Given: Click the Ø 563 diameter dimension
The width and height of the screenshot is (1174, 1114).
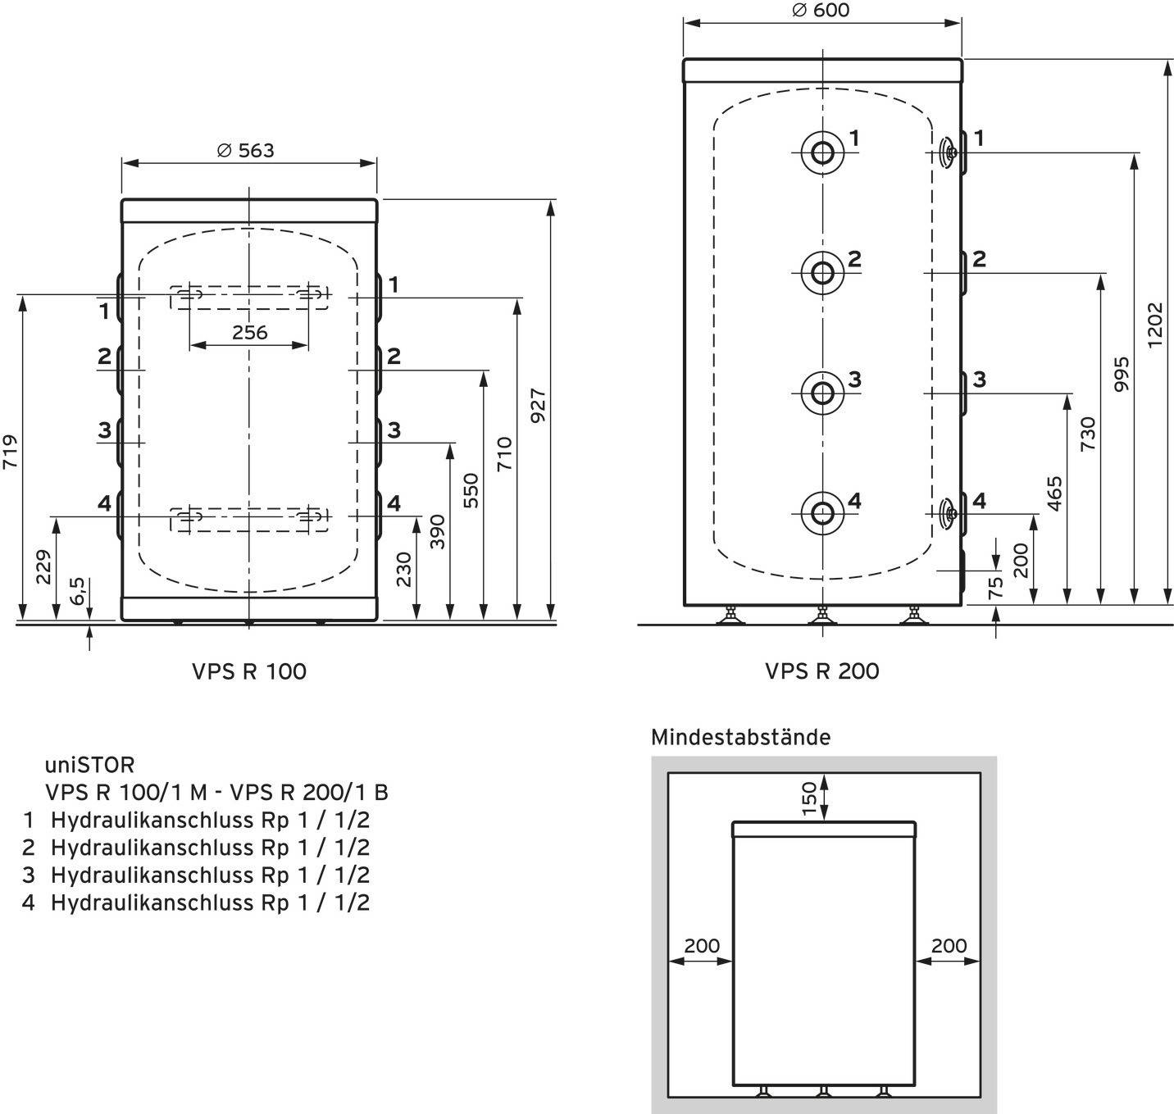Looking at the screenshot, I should (246, 151).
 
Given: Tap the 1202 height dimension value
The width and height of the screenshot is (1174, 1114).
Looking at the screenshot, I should (1155, 325).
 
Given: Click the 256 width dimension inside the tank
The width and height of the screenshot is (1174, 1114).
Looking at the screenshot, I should (249, 332).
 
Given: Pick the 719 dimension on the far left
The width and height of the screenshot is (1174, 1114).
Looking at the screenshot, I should (10, 451).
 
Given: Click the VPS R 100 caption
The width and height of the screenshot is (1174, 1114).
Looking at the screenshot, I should (248, 671).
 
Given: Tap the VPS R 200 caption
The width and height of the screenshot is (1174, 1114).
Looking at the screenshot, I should (821, 671).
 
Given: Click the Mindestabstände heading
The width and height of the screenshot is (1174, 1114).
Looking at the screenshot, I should (739, 738).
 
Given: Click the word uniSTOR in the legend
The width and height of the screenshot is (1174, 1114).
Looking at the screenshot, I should (89, 765).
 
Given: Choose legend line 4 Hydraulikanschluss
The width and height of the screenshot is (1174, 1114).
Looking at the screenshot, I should (197, 903).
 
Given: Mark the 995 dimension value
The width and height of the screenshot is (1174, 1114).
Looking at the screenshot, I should (1122, 374).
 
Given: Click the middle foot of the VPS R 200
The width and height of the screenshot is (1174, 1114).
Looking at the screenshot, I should (822, 615).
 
